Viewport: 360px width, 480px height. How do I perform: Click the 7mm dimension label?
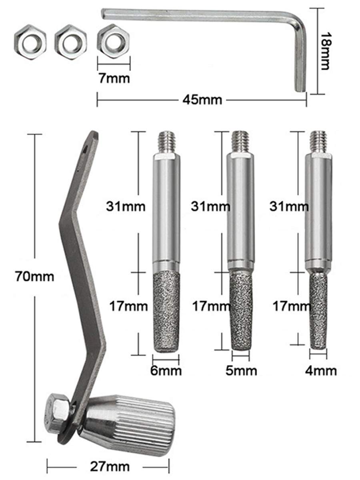114,78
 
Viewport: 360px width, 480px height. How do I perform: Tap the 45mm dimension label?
202,100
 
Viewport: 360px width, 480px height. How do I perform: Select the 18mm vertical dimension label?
325,51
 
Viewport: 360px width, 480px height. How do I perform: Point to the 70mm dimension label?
34,277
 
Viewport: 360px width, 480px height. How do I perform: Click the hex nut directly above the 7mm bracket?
114,41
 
